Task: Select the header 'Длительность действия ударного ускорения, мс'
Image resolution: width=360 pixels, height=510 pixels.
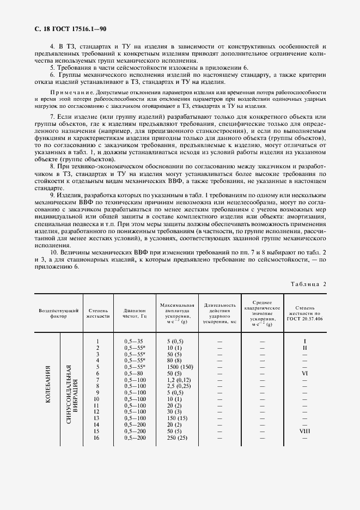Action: coord(219,312)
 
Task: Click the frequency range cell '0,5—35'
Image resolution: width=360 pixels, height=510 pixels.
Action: coord(133,341)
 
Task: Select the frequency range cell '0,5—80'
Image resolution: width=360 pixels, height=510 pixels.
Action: coord(133,374)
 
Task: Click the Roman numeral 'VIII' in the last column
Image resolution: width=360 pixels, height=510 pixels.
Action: coord(304,430)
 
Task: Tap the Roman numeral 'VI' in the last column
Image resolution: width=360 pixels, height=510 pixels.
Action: coord(304,374)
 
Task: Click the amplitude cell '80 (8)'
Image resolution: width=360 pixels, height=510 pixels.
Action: coord(174,360)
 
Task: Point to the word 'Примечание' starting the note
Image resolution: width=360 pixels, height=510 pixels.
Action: coord(56,93)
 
